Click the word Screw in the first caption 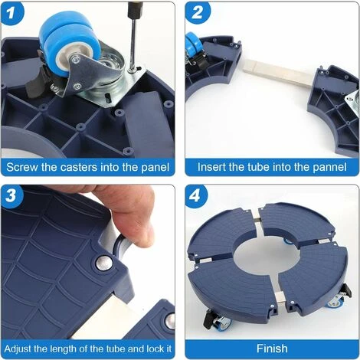pos(23,166)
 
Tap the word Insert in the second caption pos(213,166)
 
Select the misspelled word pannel pos(327,166)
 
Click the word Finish pos(271,347)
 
